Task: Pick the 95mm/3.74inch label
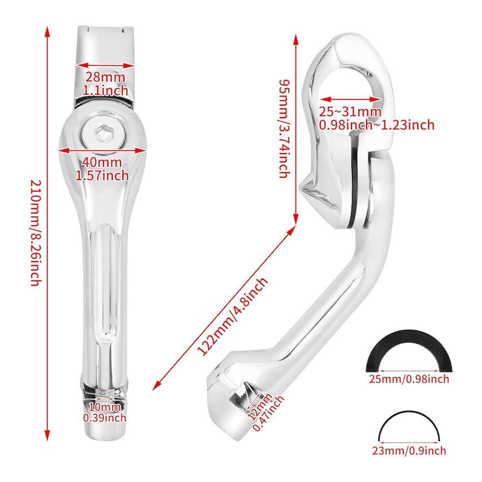point(285,127)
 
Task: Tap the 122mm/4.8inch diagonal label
point(233,316)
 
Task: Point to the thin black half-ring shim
point(411,423)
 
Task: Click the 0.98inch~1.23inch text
point(376,125)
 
